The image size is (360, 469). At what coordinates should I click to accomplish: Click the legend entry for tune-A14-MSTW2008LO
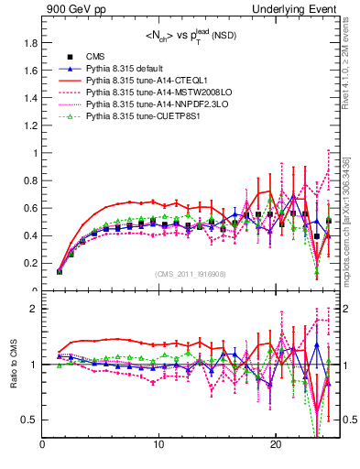[x=154, y=93]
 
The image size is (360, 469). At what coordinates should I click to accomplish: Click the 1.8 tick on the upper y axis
[x=30, y=43]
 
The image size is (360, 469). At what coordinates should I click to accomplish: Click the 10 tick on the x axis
[x=159, y=445]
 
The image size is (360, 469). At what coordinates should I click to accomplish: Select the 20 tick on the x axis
[x=276, y=445]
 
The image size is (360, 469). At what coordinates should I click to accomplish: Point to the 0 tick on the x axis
[x=43, y=445]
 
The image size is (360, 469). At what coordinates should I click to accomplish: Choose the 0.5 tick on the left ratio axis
[x=30, y=420]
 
